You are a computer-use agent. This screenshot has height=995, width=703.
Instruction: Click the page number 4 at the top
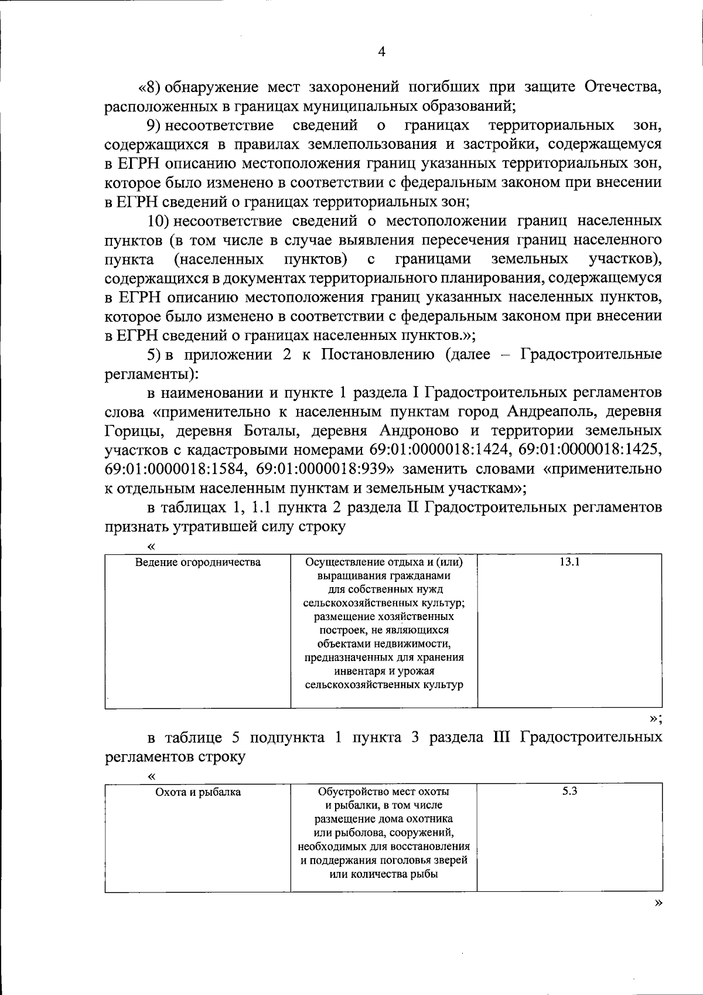(x=382, y=52)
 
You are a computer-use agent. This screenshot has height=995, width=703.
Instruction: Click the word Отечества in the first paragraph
(x=623, y=87)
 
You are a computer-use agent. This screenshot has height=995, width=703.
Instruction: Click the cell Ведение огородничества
(x=198, y=563)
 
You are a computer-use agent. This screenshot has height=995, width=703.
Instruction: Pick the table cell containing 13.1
(x=569, y=563)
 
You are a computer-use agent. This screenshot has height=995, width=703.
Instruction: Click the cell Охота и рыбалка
(x=198, y=792)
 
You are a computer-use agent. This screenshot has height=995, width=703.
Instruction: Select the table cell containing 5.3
(x=569, y=791)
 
